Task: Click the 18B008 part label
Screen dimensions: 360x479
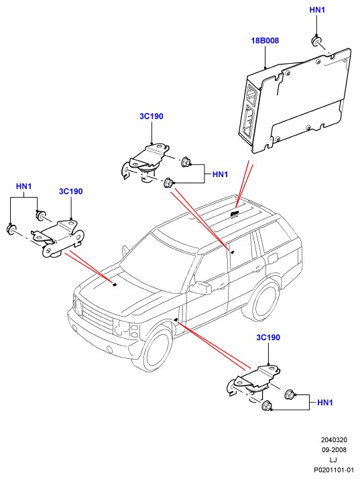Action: click(x=265, y=40)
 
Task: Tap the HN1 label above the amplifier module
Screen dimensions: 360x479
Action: click(x=317, y=10)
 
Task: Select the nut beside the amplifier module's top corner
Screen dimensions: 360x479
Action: click(x=316, y=41)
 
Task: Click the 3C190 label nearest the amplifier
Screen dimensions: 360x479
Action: click(x=152, y=116)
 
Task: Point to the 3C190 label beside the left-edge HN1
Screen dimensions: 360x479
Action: click(x=71, y=191)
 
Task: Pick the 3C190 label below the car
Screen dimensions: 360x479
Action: click(x=268, y=337)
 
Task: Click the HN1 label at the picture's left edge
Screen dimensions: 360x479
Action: click(x=24, y=187)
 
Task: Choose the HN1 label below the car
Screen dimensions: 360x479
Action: click(x=325, y=403)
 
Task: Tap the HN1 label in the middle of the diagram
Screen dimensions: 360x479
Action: click(x=220, y=174)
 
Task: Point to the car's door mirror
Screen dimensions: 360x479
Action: click(x=200, y=287)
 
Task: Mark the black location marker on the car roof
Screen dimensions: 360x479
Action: click(x=234, y=214)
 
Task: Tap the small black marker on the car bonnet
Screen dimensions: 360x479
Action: click(x=115, y=284)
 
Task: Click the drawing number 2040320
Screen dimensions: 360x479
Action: click(x=334, y=440)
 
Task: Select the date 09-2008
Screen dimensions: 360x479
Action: click(x=334, y=449)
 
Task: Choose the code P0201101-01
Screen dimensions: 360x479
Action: click(x=334, y=470)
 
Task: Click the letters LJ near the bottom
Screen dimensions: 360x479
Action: click(x=333, y=460)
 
